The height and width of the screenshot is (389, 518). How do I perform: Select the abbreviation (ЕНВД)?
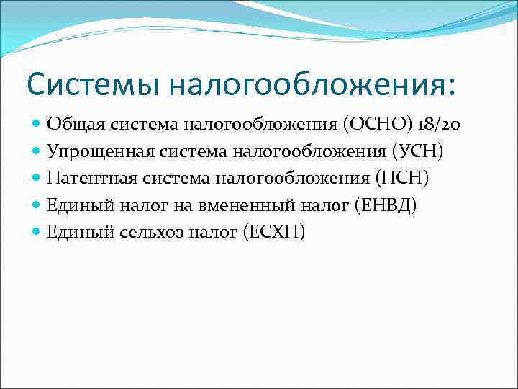point(386,205)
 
